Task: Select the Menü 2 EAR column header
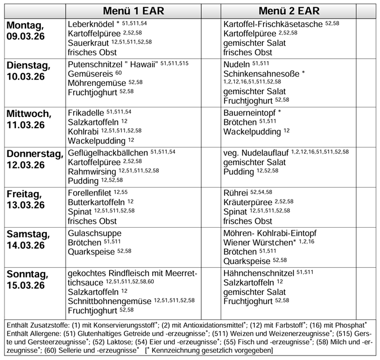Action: point(289,11)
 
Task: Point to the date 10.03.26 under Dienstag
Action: point(25,76)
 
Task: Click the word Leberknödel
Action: point(90,24)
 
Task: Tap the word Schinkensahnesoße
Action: point(261,73)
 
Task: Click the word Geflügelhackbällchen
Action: point(108,153)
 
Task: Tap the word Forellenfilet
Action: point(89,193)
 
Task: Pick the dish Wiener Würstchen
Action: point(257,242)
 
